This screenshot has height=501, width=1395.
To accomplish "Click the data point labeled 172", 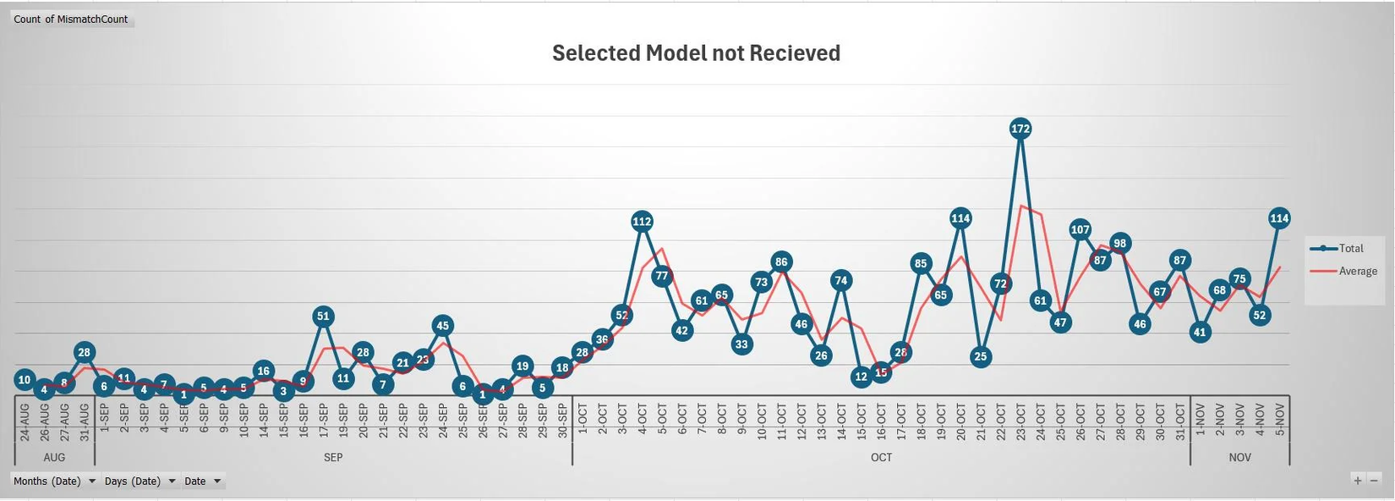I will pos(1020,129).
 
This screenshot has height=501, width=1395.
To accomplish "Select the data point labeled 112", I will pos(642,222).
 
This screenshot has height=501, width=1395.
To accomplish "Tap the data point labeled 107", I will pos(1080,229).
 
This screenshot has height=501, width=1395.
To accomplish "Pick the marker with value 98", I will pos(1120,243).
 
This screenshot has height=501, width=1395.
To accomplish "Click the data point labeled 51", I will pos(323,317).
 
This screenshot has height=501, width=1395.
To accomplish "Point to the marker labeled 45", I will pos(442,325).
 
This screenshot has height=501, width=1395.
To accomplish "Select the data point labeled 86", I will pos(781,262).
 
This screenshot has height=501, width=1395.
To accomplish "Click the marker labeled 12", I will pos(862,377).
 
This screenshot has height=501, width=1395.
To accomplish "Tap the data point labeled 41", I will pos(1200,333).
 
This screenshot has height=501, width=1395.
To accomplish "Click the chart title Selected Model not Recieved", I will pos(696,53).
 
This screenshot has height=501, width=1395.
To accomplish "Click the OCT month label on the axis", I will pos(881,457).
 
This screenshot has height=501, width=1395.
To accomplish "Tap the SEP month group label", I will pos(333,457).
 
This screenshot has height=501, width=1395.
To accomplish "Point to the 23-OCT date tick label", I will pos(1020,421).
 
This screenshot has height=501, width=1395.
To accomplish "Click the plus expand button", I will pos(1358,480).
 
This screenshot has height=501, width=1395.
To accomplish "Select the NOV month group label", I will pos(1239,457).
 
